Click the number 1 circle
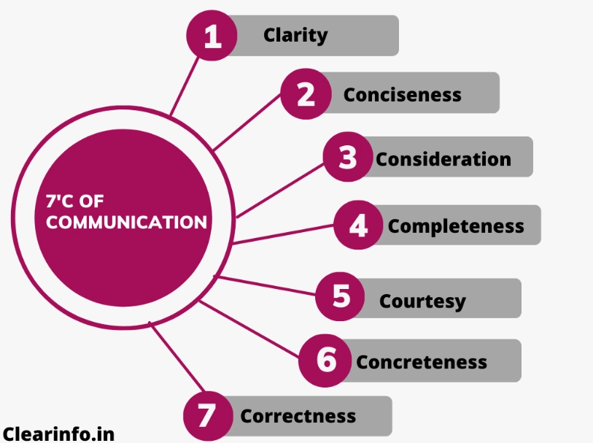point(213,36)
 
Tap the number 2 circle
point(306,93)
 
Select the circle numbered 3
point(349,157)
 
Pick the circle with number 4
point(358,226)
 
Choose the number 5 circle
point(341,296)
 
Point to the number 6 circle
point(326,360)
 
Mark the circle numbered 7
point(208,415)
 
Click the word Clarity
point(295,35)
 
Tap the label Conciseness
point(402,95)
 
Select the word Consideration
point(443,158)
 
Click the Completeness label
point(456,226)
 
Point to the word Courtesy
point(422,301)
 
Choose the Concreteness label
point(422,362)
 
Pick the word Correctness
point(298,417)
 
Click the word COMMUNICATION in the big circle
point(126,223)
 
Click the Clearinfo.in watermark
point(58,434)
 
